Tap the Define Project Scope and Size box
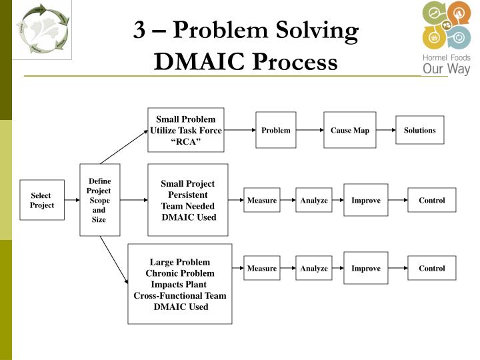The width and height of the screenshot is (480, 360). pyautogui.click(x=99, y=200)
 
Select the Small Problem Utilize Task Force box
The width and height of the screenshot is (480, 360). pyautogui.click(x=185, y=130)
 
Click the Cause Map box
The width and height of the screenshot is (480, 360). pyautogui.click(x=349, y=130)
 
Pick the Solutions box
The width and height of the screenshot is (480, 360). pyautogui.click(x=419, y=130)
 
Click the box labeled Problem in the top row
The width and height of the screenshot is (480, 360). pyautogui.click(x=275, y=130)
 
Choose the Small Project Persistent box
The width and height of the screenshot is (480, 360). pyautogui.click(x=188, y=200)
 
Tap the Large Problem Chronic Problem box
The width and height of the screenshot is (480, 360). pyautogui.click(x=180, y=284)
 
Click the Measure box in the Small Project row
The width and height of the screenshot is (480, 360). pyautogui.click(x=261, y=200)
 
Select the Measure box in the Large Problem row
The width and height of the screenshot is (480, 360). pyautogui.click(x=261, y=268)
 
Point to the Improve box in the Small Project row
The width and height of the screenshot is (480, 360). pyautogui.click(x=365, y=200)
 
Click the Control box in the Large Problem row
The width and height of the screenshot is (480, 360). pyautogui.click(x=431, y=268)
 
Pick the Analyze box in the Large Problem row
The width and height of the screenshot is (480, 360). pyautogui.click(x=313, y=268)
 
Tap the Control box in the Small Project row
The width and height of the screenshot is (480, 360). pyautogui.click(x=431, y=200)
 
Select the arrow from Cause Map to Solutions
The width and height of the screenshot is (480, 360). pyautogui.click(x=385, y=130)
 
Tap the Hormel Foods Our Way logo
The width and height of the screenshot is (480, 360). pyautogui.click(x=445, y=39)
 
